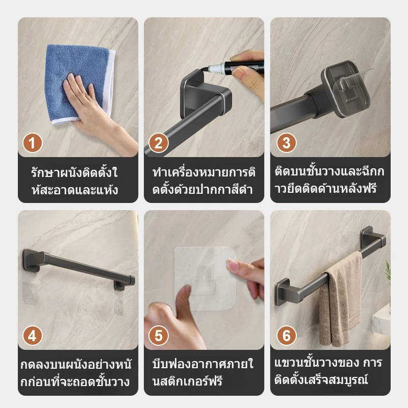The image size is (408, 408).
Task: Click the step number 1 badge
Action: click(x=32, y=143)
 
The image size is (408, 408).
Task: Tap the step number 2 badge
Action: click(x=159, y=143)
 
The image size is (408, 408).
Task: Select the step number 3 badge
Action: click(x=286, y=143)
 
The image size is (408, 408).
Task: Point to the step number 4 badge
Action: click(x=32, y=336)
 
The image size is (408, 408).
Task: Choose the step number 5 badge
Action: click(x=159, y=336)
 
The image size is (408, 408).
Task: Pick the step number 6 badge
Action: click(x=286, y=336)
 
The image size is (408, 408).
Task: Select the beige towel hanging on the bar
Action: click(x=340, y=299)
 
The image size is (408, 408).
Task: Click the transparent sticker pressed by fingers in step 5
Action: click(x=206, y=278)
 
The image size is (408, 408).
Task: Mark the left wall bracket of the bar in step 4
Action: click(x=33, y=260)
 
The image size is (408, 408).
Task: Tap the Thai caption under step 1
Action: click(x=74, y=182)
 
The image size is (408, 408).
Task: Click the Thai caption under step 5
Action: click(x=203, y=373)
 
